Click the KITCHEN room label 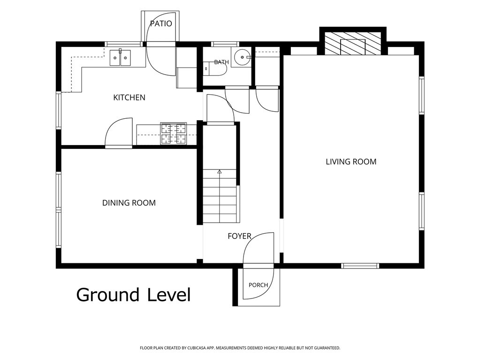pyautogui.click(x=129, y=98)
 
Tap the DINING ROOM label pyautogui.click(x=129, y=203)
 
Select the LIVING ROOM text pyautogui.click(x=351, y=161)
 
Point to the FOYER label pyautogui.click(x=239, y=236)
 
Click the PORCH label pyautogui.click(x=258, y=285)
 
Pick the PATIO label pyautogui.click(x=161, y=23)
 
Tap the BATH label pyautogui.click(x=221, y=62)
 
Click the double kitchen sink pyautogui.click(x=120, y=58)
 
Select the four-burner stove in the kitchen pyautogui.click(x=174, y=133)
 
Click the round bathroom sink pyautogui.click(x=242, y=57)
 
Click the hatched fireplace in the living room pyautogui.click(x=353, y=44)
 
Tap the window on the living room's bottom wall pyautogui.click(x=360, y=266)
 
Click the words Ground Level pyautogui.click(x=133, y=295)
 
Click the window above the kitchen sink pyautogui.click(x=124, y=44)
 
